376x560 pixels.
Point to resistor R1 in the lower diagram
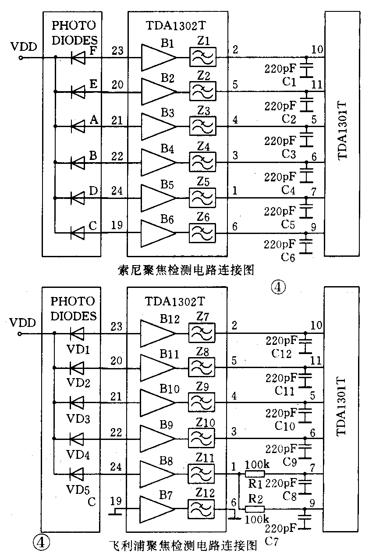coord(255,474)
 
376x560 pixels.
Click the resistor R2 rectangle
coord(255,509)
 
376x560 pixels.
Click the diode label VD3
coord(79,419)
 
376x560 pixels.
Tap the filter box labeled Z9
coord(201,403)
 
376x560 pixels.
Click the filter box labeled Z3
coord(202,127)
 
